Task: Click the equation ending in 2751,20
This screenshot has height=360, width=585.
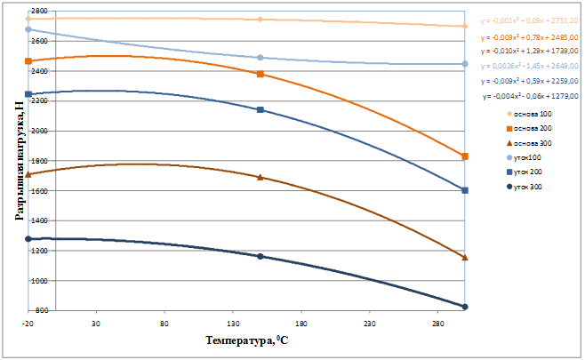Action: [x=528, y=20]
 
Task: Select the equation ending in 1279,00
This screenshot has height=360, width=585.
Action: [x=530, y=95]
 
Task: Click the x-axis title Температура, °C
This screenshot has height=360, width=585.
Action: [x=247, y=340]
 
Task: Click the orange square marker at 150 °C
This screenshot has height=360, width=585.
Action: [x=260, y=74]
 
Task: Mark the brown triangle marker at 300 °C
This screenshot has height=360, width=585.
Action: [x=465, y=258]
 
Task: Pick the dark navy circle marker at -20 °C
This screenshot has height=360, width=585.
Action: [x=28, y=239]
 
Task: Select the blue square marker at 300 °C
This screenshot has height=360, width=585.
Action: [x=465, y=190]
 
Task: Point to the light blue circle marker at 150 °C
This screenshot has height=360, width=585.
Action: [x=260, y=58]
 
